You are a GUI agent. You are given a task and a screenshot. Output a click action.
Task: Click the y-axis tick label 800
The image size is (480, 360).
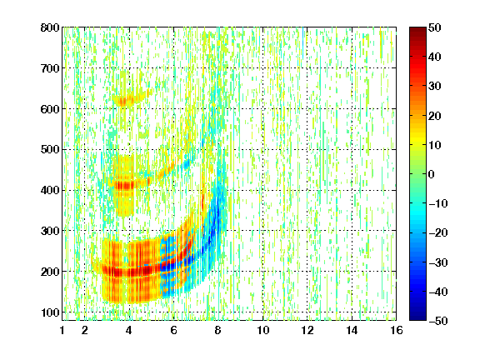click(x=50, y=27)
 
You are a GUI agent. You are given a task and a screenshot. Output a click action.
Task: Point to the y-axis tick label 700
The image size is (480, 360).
click(x=50, y=68)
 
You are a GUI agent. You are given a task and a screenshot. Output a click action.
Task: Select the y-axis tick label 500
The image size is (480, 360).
click(x=50, y=150)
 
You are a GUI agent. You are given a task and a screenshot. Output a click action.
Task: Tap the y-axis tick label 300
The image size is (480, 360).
click(x=50, y=231)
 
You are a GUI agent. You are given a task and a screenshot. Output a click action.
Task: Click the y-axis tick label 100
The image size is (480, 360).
click(x=50, y=312)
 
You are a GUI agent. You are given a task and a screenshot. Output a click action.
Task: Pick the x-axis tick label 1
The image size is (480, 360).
click(x=62, y=330)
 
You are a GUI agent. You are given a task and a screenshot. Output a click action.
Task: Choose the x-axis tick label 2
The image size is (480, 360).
click(x=85, y=330)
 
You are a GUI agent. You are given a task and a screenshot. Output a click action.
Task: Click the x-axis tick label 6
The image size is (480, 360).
click(x=174, y=330)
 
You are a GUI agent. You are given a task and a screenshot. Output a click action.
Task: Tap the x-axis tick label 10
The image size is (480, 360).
click(x=263, y=330)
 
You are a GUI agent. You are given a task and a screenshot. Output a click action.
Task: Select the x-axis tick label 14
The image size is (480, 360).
click(x=352, y=330)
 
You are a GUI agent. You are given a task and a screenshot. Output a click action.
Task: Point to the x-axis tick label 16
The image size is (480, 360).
click(x=397, y=330)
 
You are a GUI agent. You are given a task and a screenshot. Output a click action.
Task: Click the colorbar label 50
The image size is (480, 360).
click(x=435, y=27)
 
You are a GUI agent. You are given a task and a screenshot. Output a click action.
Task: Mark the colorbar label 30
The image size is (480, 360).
click(x=435, y=87)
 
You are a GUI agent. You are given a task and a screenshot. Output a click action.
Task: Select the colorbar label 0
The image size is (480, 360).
click(x=432, y=174)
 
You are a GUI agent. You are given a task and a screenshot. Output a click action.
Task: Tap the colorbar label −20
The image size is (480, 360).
click(x=438, y=232)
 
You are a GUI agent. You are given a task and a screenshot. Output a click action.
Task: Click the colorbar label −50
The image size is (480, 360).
click(x=438, y=321)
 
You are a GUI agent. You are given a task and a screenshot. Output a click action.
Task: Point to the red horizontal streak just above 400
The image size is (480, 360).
click(x=125, y=186)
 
